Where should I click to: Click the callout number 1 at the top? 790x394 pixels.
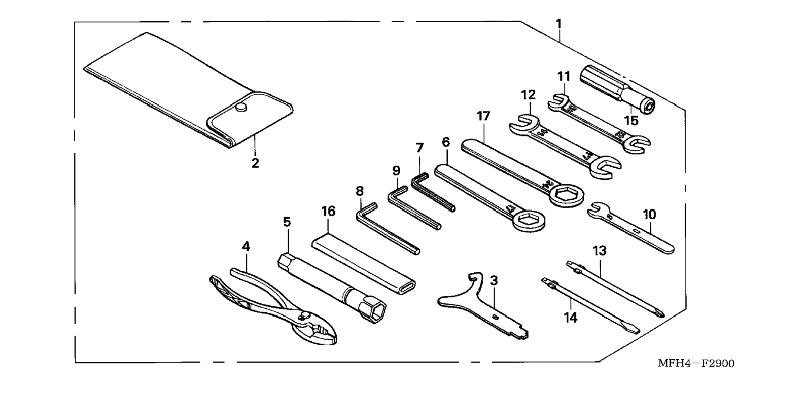click(558, 24)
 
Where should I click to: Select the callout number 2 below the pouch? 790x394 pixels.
click(255, 163)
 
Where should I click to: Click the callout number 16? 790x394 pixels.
click(328, 211)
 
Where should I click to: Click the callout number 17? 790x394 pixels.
click(483, 116)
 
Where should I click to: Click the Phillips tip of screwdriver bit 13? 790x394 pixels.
click(661, 313)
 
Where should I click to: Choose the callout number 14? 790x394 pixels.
click(571, 317)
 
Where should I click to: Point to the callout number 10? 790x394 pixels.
click(649, 214)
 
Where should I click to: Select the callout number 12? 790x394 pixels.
click(528, 95)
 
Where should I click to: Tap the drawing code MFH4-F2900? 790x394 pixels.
click(696, 363)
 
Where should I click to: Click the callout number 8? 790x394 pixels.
click(359, 191)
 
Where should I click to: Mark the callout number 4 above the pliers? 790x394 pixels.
click(245, 246)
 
